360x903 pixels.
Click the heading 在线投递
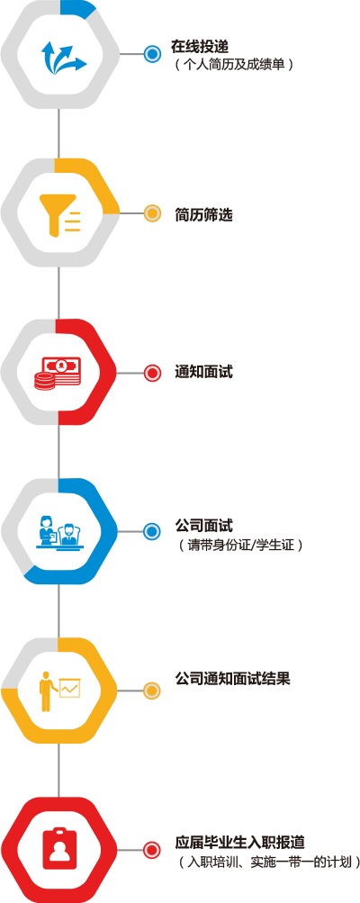tap(200, 47)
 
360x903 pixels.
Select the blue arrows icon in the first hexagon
tap(63, 56)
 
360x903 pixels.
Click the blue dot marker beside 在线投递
tap(152, 54)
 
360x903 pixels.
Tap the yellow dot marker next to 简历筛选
tap(152, 213)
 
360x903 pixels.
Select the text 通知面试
tap(204, 372)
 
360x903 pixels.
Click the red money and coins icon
tap(58, 374)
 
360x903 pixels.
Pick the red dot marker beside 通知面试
tap(152, 374)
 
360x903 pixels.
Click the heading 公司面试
tap(204, 526)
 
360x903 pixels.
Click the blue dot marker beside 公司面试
tap(152, 531)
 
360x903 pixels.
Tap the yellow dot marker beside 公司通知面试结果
tap(152, 691)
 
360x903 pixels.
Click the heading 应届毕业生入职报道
tap(240, 843)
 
